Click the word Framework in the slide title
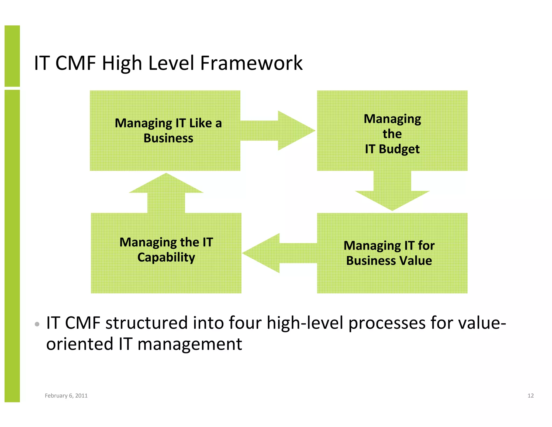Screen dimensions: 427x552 (x=251, y=63)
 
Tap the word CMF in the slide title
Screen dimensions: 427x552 (x=75, y=63)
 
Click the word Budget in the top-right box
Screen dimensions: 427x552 (x=399, y=149)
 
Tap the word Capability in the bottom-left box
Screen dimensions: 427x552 (x=166, y=257)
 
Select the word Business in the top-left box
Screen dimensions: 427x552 (x=168, y=138)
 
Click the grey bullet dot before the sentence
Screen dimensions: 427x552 (x=37, y=324)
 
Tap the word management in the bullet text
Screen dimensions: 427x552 (x=189, y=344)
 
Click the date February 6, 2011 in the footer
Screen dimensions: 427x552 (x=66, y=396)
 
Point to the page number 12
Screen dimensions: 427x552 (x=530, y=396)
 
